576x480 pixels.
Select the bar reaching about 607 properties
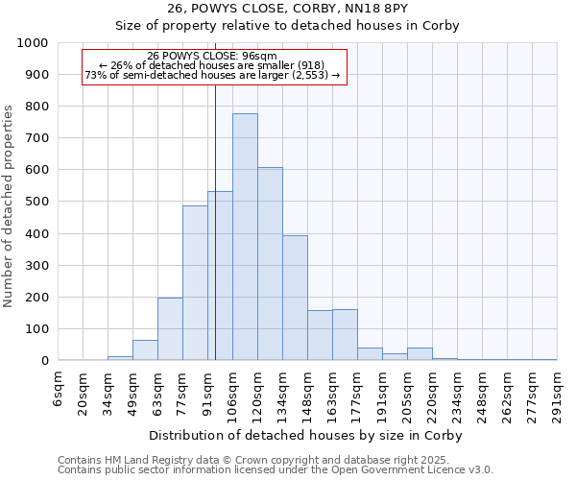click(270, 264)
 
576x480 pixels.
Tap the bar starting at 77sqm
click(195, 283)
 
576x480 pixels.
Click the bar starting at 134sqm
click(295, 298)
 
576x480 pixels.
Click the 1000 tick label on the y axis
click(32, 43)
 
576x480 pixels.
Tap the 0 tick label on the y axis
click(44, 361)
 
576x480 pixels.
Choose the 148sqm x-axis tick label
click(308, 394)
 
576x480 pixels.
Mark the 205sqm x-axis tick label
click(408, 394)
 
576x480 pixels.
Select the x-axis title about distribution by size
click(307, 436)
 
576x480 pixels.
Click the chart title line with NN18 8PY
click(288, 9)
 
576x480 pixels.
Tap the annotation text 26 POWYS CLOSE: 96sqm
click(212, 56)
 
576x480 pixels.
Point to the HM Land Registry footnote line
click(274, 460)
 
